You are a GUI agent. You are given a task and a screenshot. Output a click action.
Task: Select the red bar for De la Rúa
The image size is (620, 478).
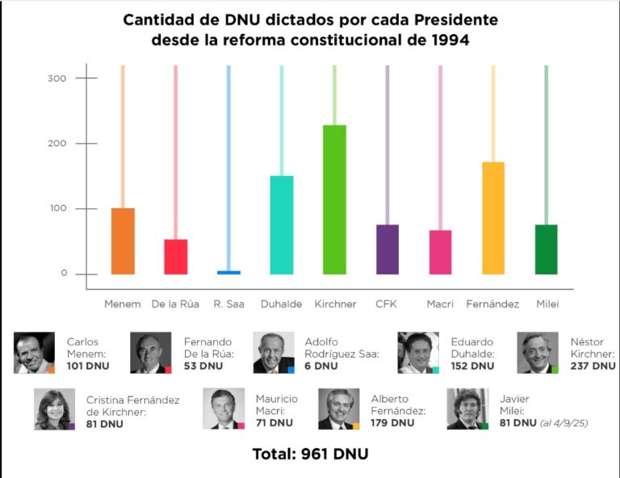click(x=176, y=256)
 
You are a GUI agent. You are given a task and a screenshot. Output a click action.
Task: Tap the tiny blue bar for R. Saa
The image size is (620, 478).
click(x=228, y=272)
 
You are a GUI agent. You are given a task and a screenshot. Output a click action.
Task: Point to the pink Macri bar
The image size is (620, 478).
click(x=440, y=252)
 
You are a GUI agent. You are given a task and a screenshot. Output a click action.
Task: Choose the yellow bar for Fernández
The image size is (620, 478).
click(x=493, y=218)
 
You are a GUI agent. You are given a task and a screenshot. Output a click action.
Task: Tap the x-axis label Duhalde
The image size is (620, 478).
click(x=281, y=304)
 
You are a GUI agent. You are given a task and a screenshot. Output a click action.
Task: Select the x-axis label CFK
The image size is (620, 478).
click(x=387, y=304)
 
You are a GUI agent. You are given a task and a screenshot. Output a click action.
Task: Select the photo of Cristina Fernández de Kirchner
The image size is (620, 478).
click(x=54, y=409)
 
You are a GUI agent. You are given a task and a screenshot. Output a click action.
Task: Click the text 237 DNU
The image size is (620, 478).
click(x=592, y=366)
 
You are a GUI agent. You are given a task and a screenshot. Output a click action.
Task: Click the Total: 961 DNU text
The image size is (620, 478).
click(x=310, y=455)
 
